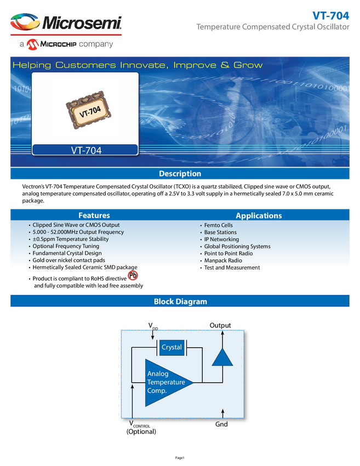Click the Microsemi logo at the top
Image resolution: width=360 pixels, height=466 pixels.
click(x=66, y=23)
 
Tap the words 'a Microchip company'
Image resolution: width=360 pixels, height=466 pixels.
click(x=66, y=44)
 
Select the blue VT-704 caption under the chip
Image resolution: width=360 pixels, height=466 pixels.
click(x=85, y=150)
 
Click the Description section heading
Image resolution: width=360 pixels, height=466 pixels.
click(x=180, y=174)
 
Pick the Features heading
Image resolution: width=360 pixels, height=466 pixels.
click(x=94, y=215)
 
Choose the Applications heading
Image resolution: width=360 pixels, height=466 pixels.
click(x=259, y=215)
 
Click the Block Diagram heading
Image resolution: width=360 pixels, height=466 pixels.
click(x=180, y=302)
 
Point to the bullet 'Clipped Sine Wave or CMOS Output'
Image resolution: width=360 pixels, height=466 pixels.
click(x=76, y=225)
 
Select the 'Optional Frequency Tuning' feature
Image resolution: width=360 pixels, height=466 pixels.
click(x=66, y=246)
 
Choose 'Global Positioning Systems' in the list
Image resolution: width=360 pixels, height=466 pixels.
click(x=237, y=247)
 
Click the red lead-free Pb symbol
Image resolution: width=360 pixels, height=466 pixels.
click(x=133, y=275)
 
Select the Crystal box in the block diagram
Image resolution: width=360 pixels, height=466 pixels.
click(x=172, y=347)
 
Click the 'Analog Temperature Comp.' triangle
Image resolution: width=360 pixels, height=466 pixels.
click(x=164, y=383)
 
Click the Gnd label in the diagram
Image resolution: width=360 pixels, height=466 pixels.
click(x=222, y=424)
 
